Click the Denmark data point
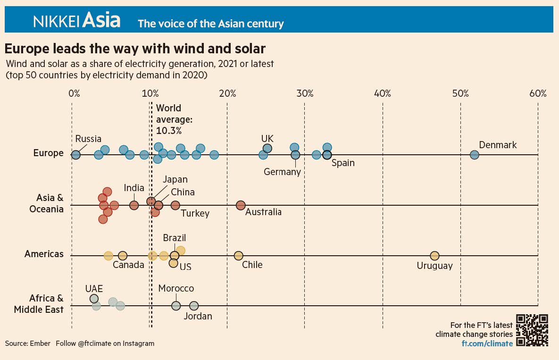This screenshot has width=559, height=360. click(474, 155)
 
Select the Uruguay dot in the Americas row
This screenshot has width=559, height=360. click(434, 256)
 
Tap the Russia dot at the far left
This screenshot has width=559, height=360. click(75, 155)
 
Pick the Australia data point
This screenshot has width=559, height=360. click(241, 205)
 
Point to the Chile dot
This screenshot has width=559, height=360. click(239, 256)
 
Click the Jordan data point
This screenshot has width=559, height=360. click(193, 306)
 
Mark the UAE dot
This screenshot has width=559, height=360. click(94, 298)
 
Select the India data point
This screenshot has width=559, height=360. click(134, 205)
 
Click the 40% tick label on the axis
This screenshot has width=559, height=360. click(383, 93)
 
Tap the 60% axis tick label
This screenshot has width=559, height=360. click(538, 93)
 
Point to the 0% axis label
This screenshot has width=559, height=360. click(74, 93)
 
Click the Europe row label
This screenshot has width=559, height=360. click(49, 153)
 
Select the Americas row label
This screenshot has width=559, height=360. click(44, 254)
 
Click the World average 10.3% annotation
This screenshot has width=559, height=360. click(174, 119)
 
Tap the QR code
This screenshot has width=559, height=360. click(532, 330)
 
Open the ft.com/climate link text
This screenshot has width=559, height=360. click(487, 343)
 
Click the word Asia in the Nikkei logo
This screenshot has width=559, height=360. click(101, 20)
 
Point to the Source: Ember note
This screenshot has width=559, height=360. click(27, 343)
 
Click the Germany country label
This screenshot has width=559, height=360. click(283, 172)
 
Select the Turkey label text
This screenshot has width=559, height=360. click(195, 213)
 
